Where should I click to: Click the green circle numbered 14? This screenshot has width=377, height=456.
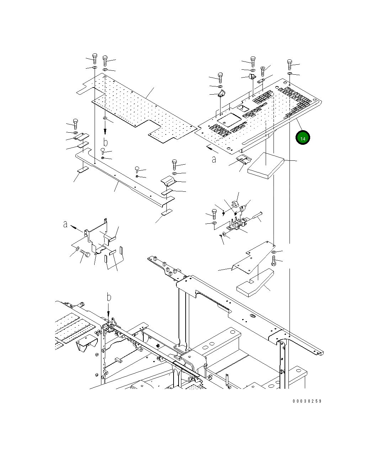pos(303,138)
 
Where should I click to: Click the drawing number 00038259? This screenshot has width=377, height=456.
pos(307,401)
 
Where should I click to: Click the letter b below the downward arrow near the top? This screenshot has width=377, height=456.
pos(105,142)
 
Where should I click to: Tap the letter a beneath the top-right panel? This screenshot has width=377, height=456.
pos(214,159)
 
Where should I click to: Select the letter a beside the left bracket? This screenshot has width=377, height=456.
pos(65,224)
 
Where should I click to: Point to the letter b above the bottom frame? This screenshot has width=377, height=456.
pos(109,297)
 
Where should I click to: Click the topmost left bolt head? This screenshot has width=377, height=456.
pos(95,57)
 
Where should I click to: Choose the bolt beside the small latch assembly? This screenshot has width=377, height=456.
pos(214,214)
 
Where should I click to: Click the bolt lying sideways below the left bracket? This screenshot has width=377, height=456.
pos(85,254)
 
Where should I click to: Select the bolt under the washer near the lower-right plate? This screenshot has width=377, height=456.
pos(274,261)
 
